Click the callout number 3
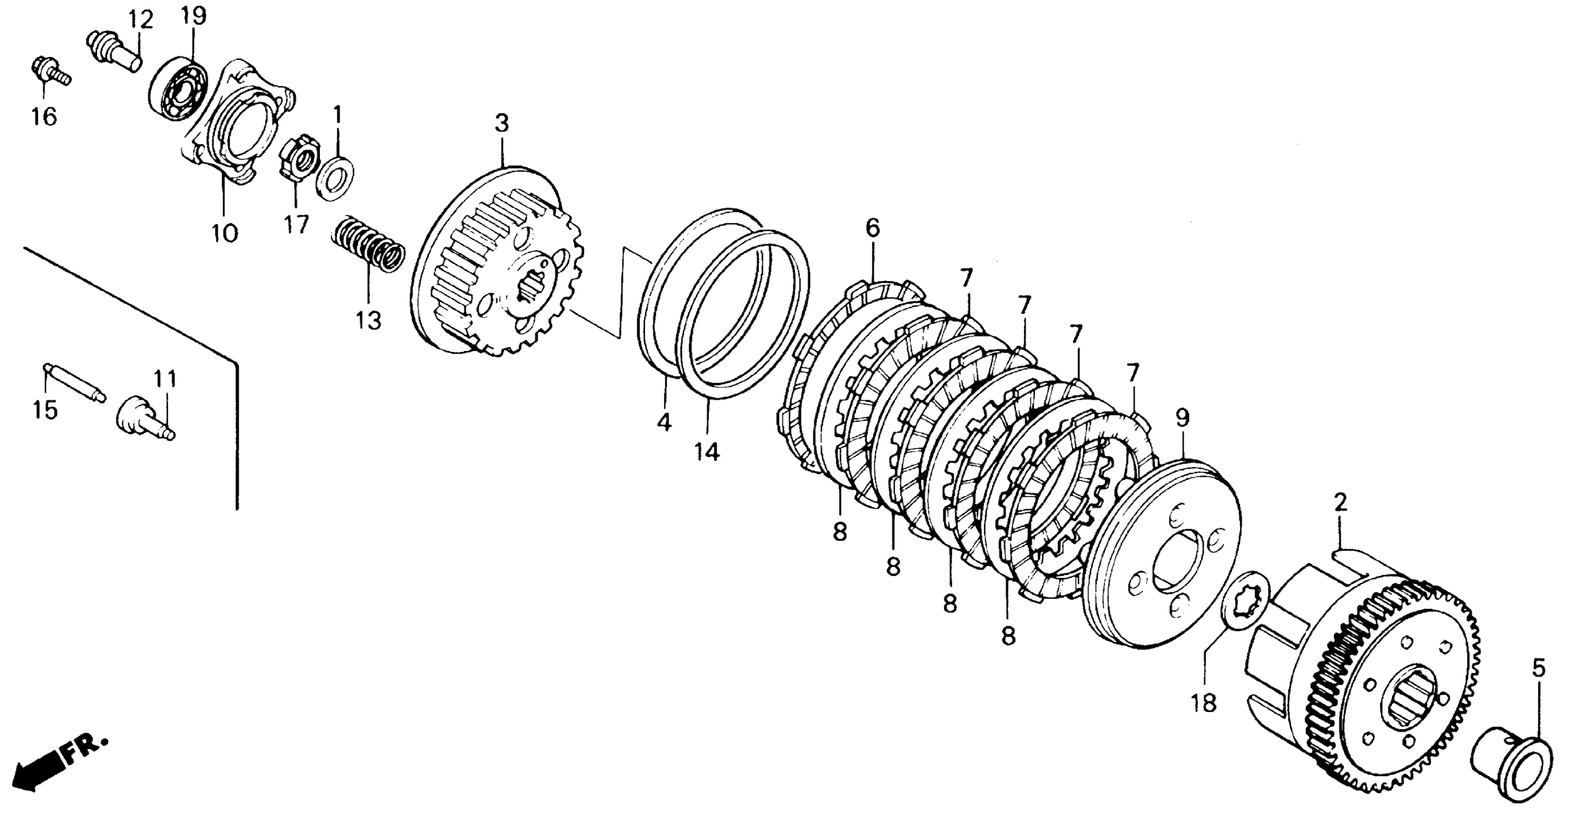(501, 124)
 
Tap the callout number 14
(707, 452)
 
